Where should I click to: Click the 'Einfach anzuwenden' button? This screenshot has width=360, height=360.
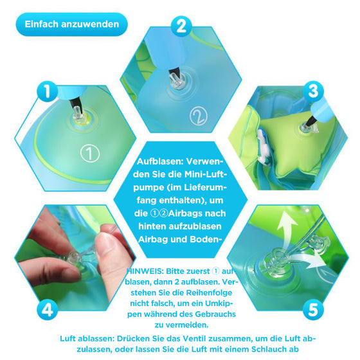71,24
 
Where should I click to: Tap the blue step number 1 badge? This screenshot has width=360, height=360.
45,92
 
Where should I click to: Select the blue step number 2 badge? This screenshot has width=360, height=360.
181,26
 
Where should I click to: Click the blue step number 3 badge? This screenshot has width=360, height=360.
312,91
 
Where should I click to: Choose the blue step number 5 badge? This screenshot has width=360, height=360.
312,309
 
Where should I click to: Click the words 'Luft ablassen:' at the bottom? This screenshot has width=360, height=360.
86,339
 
